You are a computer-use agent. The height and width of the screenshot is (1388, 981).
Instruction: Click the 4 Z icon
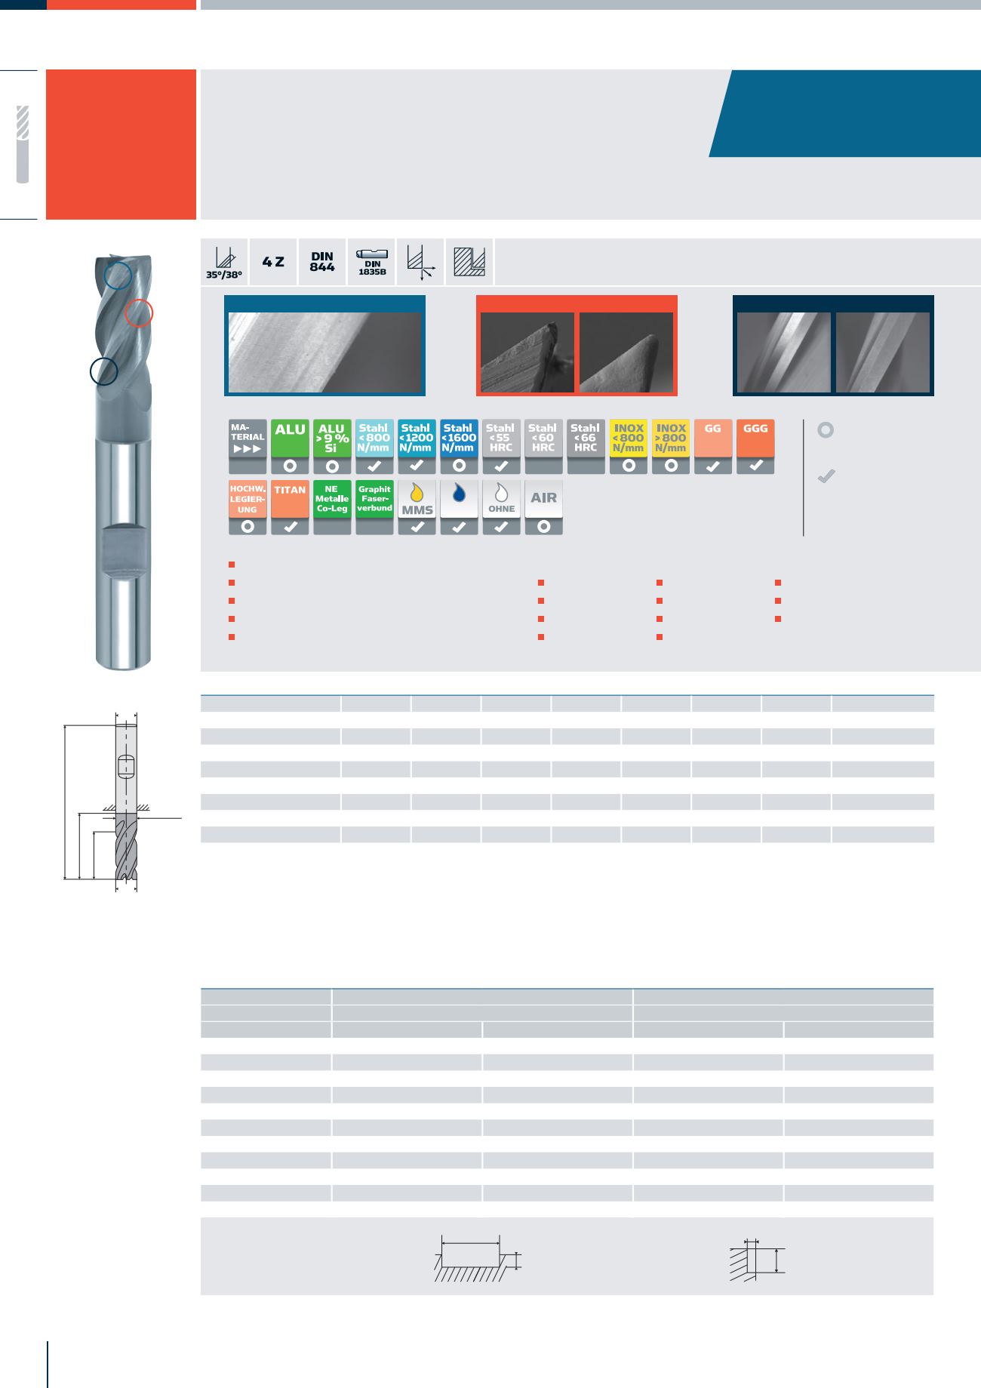click(273, 262)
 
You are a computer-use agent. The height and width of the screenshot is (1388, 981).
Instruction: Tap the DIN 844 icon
click(322, 262)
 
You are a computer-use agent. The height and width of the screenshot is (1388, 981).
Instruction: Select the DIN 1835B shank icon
click(372, 262)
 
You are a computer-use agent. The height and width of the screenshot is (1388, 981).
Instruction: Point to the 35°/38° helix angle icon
click(224, 262)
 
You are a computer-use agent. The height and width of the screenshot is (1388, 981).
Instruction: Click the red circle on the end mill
click(139, 312)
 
